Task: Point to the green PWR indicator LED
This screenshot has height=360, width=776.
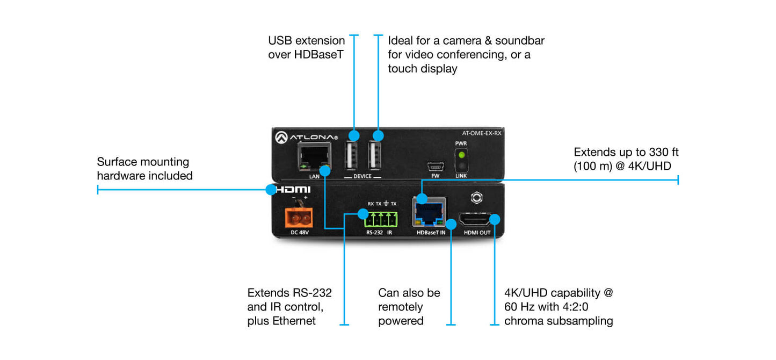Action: tap(461, 154)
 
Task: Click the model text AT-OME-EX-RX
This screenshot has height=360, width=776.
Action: tap(481, 134)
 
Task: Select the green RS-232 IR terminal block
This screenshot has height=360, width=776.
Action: tap(382, 219)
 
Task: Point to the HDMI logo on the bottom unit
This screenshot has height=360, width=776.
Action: tap(293, 190)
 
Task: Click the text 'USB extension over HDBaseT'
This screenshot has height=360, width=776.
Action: tap(306, 47)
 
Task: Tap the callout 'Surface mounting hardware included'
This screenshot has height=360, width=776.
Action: tap(144, 169)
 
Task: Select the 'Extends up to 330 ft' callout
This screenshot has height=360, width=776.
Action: tap(626, 159)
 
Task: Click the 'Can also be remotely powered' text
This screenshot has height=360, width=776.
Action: tap(409, 307)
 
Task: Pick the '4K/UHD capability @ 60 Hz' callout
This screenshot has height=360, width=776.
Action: tap(558, 307)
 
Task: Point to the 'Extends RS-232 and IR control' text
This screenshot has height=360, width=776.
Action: tap(289, 307)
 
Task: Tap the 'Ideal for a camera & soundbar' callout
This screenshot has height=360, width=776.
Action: tap(466, 54)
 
